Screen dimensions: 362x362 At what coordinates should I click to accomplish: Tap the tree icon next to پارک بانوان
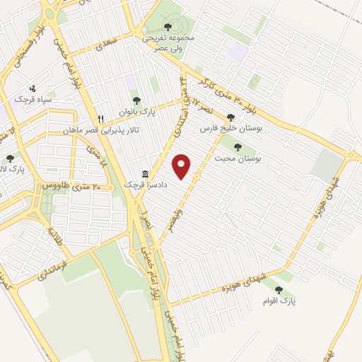coord(136,101)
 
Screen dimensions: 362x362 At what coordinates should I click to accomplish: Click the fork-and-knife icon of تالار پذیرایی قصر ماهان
coord(101,119)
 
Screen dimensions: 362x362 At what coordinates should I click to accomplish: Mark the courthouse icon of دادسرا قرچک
coord(145,174)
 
